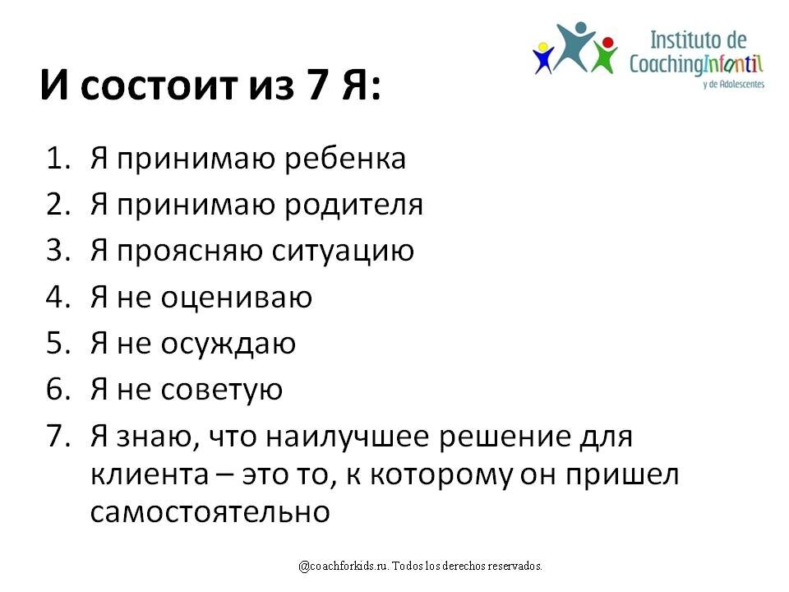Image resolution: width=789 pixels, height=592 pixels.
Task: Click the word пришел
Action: click(x=630, y=475)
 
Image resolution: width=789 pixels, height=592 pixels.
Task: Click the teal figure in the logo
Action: click(x=574, y=44)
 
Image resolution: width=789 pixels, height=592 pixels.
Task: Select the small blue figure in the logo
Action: click(x=542, y=58)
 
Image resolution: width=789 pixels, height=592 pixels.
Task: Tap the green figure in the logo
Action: click(x=607, y=54)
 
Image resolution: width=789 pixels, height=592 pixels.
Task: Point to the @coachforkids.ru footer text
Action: click(x=421, y=567)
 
